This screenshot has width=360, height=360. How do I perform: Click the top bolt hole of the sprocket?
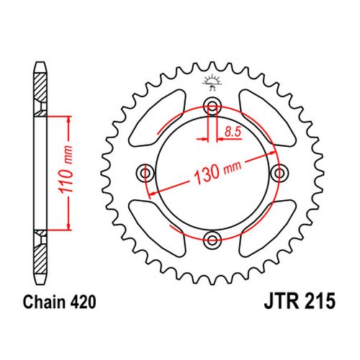tap(212, 105)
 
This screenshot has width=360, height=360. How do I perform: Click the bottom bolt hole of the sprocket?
tap(212, 240)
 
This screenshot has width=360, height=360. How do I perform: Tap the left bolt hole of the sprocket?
tap(145, 173)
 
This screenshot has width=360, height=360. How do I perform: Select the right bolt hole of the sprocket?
tap(279, 173)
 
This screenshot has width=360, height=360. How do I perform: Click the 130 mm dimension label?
tap(217, 172)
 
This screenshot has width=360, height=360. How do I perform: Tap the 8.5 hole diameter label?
tap(233, 132)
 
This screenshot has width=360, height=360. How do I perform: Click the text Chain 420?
tap(60, 302)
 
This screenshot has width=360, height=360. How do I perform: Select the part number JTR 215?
tap(300, 301)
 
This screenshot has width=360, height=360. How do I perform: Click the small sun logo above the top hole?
tap(212, 83)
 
